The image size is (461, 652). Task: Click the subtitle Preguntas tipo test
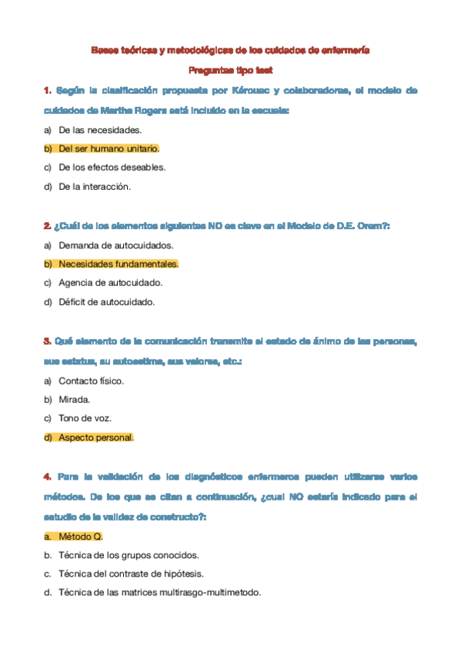pyautogui.click(x=230, y=70)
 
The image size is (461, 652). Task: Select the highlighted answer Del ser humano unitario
pyautogui.click(x=109, y=148)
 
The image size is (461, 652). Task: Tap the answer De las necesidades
pyautogui.click(x=100, y=130)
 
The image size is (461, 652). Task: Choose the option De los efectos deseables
pyautogui.click(x=112, y=167)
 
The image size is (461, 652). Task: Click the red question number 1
pyautogui.click(x=48, y=91)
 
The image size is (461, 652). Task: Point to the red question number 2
pyautogui.click(x=48, y=226)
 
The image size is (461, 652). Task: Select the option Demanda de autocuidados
pyautogui.click(x=116, y=245)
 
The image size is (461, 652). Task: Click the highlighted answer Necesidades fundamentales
pyautogui.click(x=118, y=264)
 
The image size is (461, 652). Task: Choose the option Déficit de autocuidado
pyautogui.click(x=107, y=301)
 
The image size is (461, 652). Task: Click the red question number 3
pyautogui.click(x=48, y=341)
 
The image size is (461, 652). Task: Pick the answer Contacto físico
pyautogui.click(x=91, y=381)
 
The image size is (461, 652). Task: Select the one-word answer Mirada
pyautogui.click(x=75, y=400)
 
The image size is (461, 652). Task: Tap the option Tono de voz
pyautogui.click(x=85, y=418)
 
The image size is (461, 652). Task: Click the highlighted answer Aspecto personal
pyautogui.click(x=96, y=437)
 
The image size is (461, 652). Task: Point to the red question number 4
pyautogui.click(x=48, y=477)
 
